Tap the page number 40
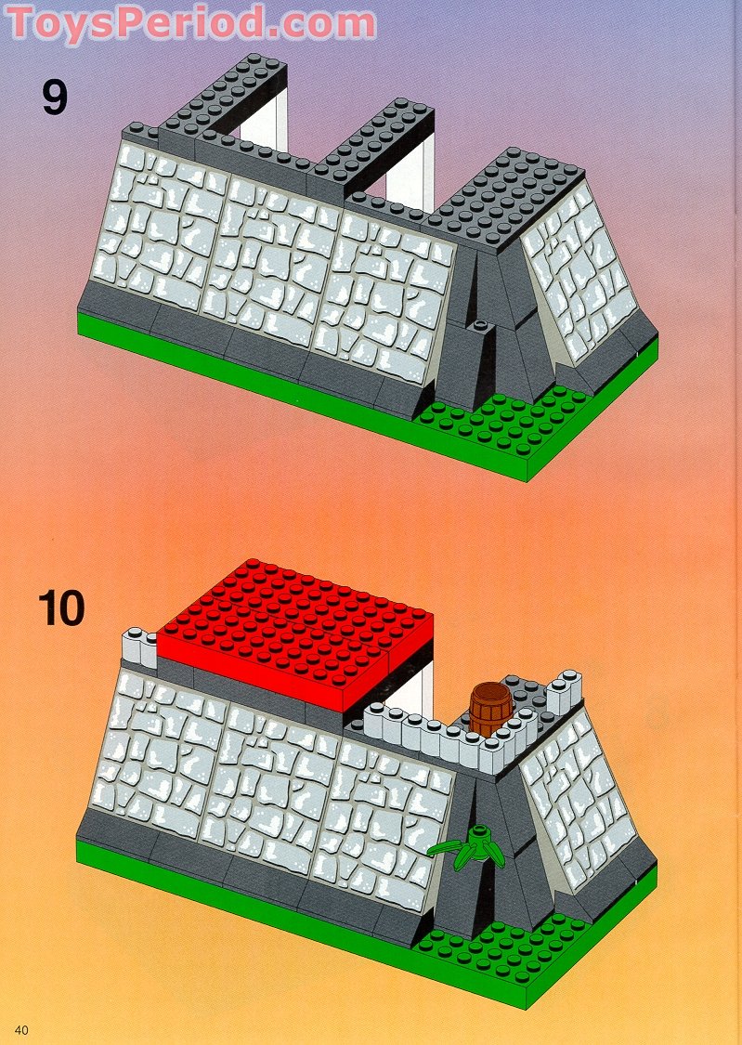21,1029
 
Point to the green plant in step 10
472,844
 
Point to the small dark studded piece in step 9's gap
480,327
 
